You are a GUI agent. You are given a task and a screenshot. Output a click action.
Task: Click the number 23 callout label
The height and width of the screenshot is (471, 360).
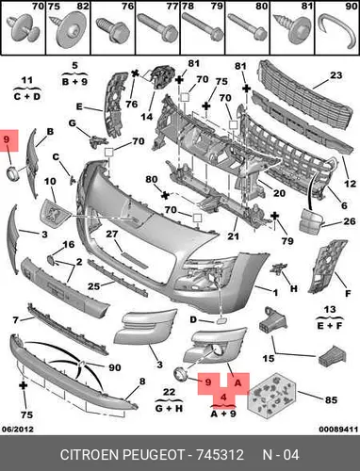pos(335,75)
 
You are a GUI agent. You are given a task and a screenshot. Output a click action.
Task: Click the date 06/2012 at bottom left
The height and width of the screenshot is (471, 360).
pos(18,429)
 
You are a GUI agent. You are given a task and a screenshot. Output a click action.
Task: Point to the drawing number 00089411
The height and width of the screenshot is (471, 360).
pos(338,429)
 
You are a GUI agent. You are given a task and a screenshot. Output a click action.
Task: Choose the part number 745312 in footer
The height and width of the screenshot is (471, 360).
pos(220,455)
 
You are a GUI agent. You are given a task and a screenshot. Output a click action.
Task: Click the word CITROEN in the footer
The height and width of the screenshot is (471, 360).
pos(90,455)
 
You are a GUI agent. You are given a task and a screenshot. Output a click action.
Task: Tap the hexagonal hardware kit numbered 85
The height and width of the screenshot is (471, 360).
pos(271,396)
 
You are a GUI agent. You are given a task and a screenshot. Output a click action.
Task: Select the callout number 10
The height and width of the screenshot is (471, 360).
pos(50,182)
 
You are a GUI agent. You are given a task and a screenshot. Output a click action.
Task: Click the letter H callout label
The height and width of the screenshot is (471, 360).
pos(294,288)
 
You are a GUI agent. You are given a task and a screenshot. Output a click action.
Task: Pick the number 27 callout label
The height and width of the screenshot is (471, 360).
pos(111,234)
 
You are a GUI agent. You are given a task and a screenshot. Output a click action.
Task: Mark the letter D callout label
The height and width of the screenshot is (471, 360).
pos(193,320)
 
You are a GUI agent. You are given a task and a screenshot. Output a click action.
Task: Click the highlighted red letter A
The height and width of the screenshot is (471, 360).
pos(237,382)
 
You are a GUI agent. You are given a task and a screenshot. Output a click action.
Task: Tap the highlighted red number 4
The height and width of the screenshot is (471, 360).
pos(223,398)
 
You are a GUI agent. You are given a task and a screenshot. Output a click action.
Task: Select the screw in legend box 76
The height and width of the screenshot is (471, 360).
pos(113,31)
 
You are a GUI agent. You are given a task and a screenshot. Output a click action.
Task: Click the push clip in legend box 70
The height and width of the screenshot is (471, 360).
pos(24,30)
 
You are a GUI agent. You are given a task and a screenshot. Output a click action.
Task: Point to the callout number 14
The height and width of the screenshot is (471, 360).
pos(146,117)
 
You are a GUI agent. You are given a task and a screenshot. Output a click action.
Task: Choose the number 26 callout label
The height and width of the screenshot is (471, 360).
pos(350,221)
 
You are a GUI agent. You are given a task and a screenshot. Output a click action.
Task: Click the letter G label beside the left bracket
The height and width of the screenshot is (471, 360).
pos(73,123)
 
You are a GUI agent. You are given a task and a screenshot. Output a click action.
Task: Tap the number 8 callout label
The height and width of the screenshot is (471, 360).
pos(142,382)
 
